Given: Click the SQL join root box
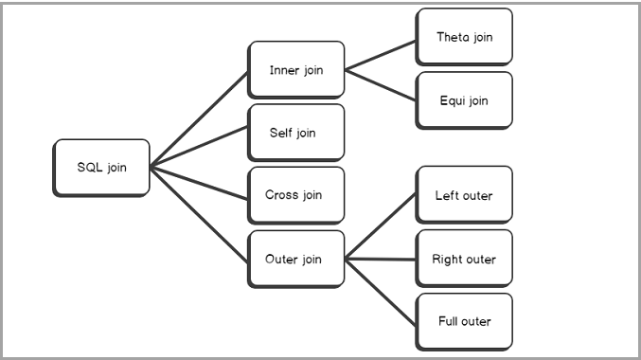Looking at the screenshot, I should (x=101, y=168).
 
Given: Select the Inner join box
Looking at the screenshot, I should (x=295, y=69).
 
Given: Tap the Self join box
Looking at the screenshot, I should (x=295, y=132).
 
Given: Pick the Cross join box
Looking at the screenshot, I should (x=295, y=195).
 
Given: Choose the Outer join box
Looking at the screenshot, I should (x=295, y=259).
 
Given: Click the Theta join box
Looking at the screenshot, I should (x=464, y=37).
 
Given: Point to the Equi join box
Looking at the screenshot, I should (x=464, y=99).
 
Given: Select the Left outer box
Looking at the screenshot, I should (x=464, y=195).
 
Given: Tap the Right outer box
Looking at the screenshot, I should (x=464, y=259).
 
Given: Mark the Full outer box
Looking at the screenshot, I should (x=464, y=321).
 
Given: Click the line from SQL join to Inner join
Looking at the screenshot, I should (x=199, y=117).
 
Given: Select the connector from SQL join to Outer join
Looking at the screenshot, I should (x=199, y=213).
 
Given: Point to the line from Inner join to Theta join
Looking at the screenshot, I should (x=381, y=53).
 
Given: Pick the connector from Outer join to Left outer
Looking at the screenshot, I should (x=381, y=226).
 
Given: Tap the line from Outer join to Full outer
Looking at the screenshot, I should (x=381, y=289).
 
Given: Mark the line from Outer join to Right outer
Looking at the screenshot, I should (x=381, y=259).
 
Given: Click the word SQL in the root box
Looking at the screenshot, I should (x=90, y=168).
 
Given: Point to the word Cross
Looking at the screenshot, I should (x=282, y=195).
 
